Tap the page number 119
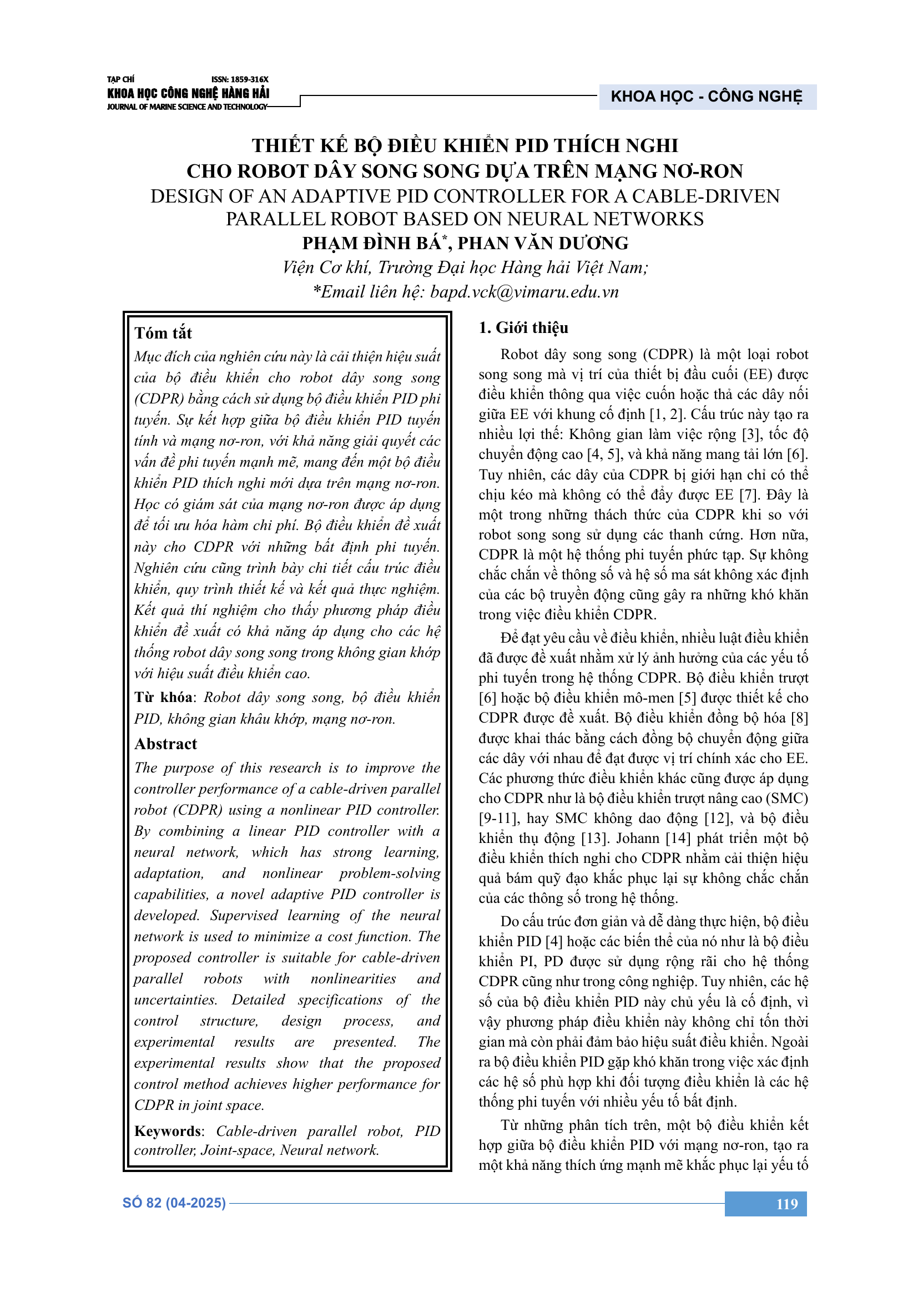(x=787, y=1204)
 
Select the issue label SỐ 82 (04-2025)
(x=174, y=1203)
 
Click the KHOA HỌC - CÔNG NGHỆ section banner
(x=707, y=97)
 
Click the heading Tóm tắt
(x=163, y=333)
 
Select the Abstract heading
(x=165, y=744)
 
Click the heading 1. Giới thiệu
(x=523, y=328)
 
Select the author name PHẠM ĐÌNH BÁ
(x=371, y=244)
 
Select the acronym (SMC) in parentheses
(x=788, y=798)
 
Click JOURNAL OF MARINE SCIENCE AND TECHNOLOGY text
(x=186, y=107)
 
